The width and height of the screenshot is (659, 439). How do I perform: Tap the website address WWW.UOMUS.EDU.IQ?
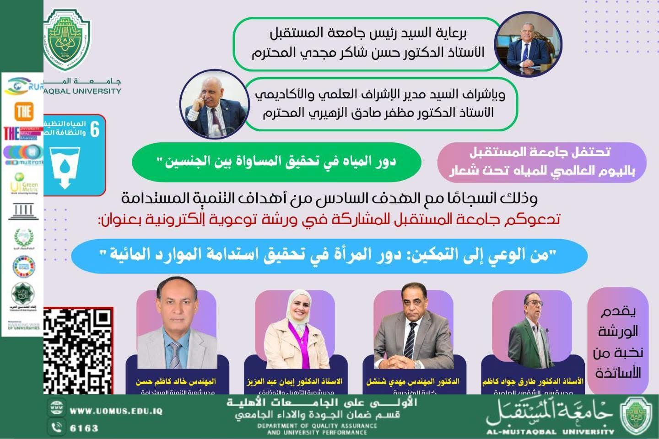(116, 411)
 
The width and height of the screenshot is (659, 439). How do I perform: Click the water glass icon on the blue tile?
(65, 167)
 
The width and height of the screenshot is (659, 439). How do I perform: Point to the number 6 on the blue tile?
(95, 130)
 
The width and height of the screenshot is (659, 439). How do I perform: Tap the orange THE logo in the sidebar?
(23, 111)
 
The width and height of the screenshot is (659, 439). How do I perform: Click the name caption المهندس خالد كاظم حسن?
(176, 381)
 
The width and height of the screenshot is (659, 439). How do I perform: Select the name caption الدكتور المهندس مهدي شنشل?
(413, 381)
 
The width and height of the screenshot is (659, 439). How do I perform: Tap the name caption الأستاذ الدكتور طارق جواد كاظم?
(533, 381)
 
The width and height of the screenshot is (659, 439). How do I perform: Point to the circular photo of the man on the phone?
(211, 106)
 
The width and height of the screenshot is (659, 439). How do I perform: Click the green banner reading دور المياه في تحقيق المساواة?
(276, 162)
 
